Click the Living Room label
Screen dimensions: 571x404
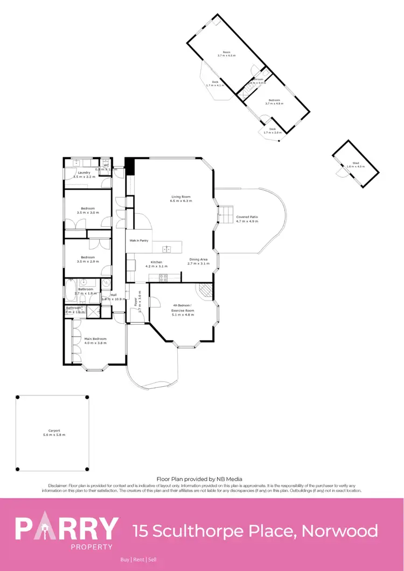[181, 197]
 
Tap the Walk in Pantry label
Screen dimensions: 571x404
[138, 241]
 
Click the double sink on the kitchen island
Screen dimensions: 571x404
[168, 249]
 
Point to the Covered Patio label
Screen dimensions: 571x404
[247, 217]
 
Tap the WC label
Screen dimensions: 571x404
[106, 165]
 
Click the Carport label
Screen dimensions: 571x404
[53, 430]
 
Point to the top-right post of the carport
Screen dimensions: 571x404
[87, 397]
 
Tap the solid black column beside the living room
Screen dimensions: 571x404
[129, 164]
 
